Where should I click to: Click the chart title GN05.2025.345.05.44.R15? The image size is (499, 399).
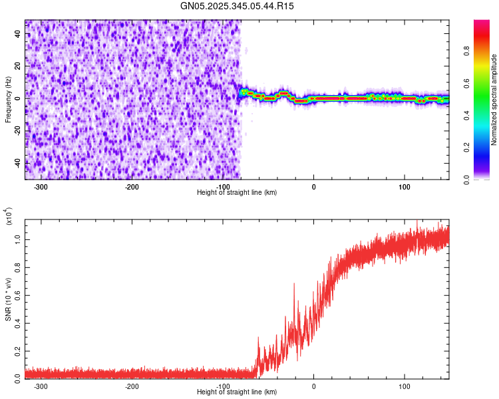click(x=238, y=7)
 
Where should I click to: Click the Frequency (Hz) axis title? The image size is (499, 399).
click(x=8, y=100)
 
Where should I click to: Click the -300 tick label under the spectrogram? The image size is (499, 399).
click(x=41, y=186)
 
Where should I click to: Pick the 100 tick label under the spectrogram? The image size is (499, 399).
click(x=405, y=186)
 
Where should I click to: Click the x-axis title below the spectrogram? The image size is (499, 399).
click(x=237, y=193)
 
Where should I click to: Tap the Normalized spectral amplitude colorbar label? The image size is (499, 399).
click(x=494, y=100)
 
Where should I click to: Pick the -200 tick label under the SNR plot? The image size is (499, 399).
click(x=132, y=386)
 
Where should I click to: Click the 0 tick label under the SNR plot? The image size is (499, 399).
click(x=314, y=386)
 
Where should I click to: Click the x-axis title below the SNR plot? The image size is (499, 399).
click(x=237, y=392)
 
